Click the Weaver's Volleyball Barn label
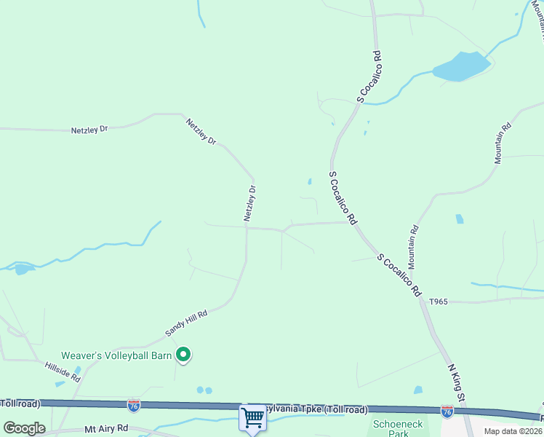116,355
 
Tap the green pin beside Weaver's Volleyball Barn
184,355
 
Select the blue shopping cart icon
252,418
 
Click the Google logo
24,428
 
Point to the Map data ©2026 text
513,431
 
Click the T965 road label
439,301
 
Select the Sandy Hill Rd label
186,323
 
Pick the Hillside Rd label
62,371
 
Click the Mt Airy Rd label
106,430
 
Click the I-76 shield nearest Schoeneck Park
447,412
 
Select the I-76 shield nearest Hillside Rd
134,406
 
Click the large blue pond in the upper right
460,66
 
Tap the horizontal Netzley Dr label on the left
89,130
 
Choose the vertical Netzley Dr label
249,203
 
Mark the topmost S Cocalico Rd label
370,75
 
